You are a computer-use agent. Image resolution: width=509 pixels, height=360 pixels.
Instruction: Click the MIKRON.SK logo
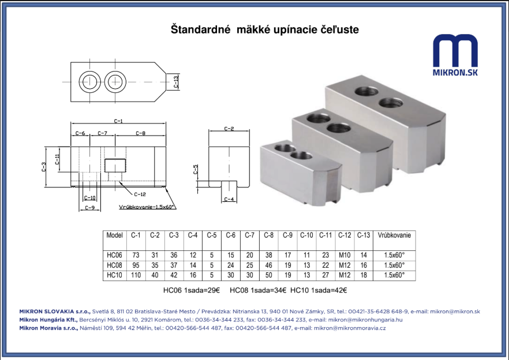tap(455, 55)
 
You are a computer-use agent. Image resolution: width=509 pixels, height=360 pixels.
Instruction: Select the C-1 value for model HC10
tap(136, 275)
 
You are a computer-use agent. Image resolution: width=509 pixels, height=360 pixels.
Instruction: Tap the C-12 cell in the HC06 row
tap(345, 255)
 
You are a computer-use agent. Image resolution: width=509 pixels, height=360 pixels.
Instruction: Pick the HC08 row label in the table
tap(114, 265)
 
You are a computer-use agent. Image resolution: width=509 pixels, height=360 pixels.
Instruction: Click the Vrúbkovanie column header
tap(394, 235)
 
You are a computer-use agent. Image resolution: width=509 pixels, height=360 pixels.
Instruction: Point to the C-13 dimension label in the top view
tap(175, 82)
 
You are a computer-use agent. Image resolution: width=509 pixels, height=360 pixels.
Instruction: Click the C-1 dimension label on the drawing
tap(118, 121)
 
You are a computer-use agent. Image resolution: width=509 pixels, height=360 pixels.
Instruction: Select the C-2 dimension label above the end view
tap(229, 129)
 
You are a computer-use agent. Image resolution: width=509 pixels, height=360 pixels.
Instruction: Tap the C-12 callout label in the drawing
tap(140, 194)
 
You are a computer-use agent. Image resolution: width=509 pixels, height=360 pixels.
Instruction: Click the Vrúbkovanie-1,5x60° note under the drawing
tap(147, 207)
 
